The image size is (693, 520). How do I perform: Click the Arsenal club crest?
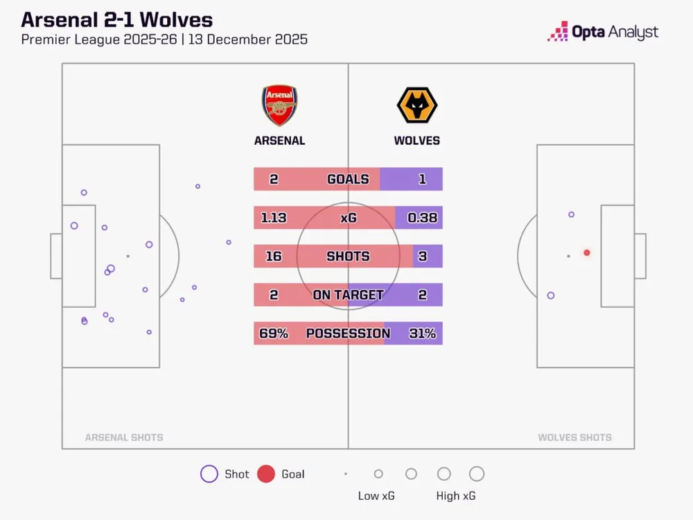pyautogui.click(x=279, y=105)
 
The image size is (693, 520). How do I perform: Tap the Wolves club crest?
pyautogui.click(x=416, y=105)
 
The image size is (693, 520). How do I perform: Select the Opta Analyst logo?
pyautogui.click(x=602, y=32)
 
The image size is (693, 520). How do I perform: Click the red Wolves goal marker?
pyautogui.click(x=587, y=253)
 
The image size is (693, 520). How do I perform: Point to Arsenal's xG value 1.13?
pyautogui.click(x=274, y=218)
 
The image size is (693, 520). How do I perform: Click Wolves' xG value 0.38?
pyautogui.click(x=422, y=218)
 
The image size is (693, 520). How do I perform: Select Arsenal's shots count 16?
pyautogui.click(x=274, y=257)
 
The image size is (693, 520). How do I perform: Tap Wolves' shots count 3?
pyautogui.click(x=422, y=257)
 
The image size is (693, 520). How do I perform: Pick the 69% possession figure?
pyautogui.click(x=274, y=333)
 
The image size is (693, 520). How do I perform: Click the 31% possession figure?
pyautogui.click(x=422, y=333)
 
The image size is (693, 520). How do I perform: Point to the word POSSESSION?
pyautogui.click(x=348, y=333)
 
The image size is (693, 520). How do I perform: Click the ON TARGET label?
pyautogui.click(x=348, y=295)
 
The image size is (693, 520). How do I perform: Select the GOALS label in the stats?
pyautogui.click(x=348, y=179)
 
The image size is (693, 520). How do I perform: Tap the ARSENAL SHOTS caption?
pyautogui.click(x=124, y=437)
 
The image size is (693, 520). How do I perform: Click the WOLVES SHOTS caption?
pyautogui.click(x=574, y=437)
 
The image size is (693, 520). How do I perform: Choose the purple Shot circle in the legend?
pyautogui.click(x=209, y=474)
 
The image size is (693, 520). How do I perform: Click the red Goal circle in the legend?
pyautogui.click(x=266, y=474)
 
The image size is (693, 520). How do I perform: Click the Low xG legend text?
pyautogui.click(x=378, y=496)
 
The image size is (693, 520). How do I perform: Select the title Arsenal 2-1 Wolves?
pyautogui.click(x=117, y=19)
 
